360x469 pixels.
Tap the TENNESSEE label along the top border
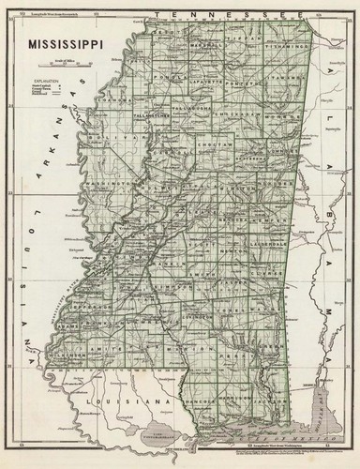click(234, 19)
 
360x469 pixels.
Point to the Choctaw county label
click(215, 146)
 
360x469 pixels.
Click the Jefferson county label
click(88, 305)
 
